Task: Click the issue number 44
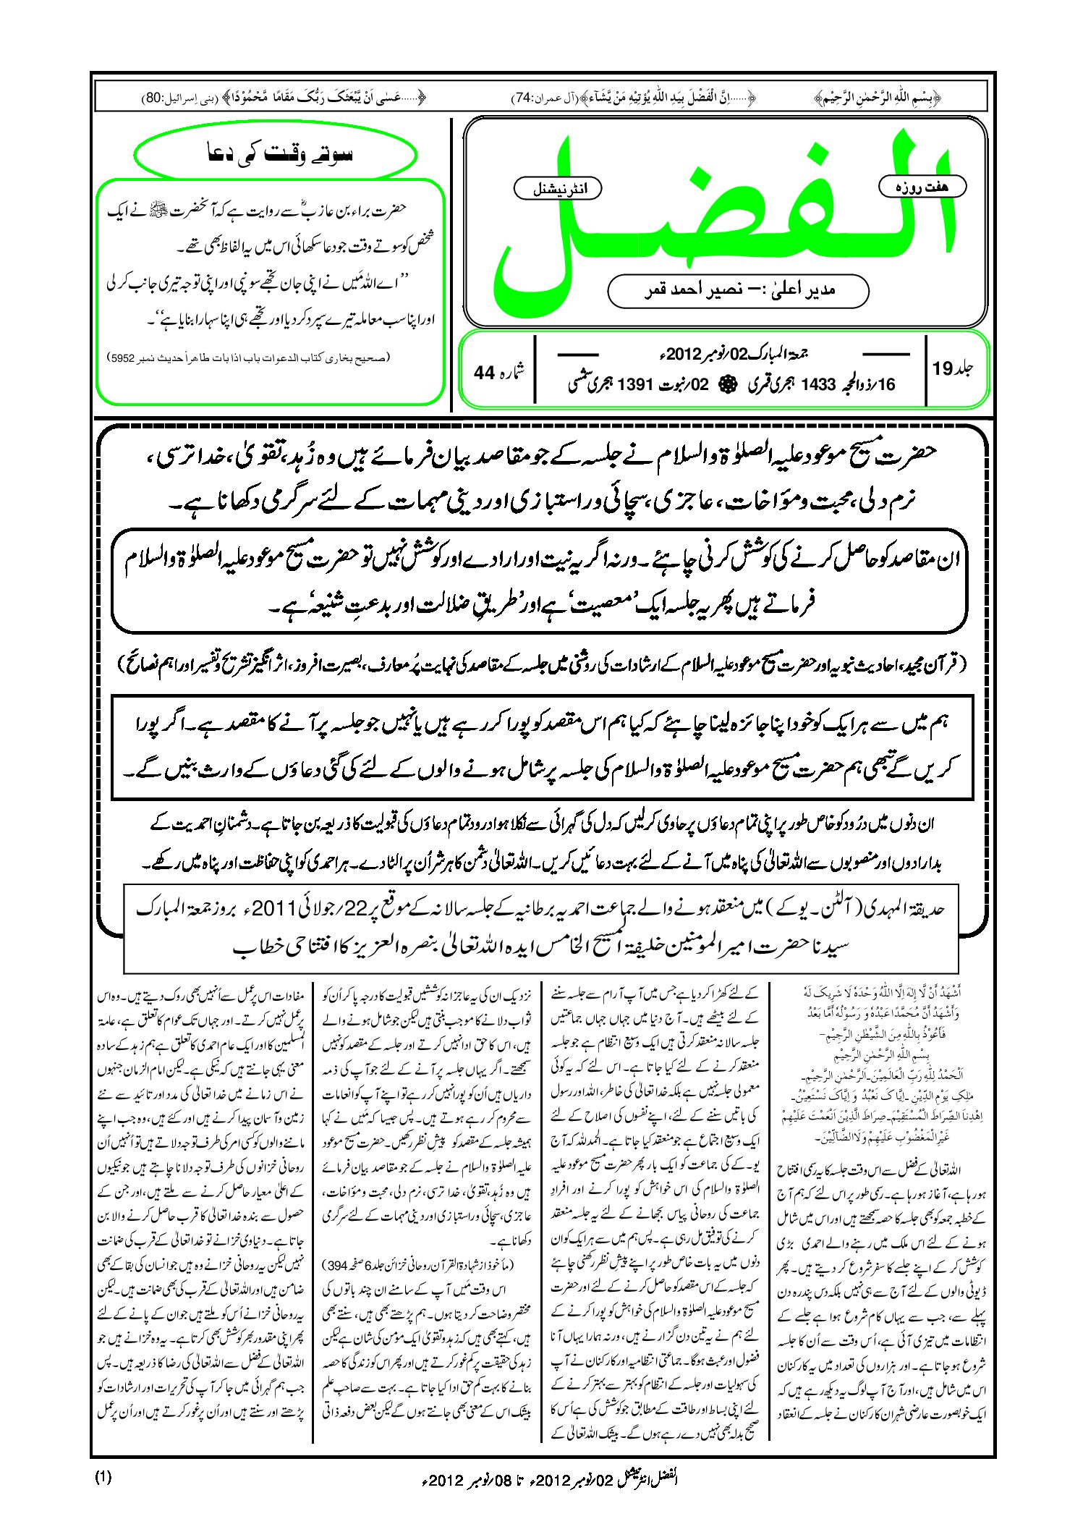484,373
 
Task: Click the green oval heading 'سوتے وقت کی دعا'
276,155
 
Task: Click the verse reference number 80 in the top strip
153,96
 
